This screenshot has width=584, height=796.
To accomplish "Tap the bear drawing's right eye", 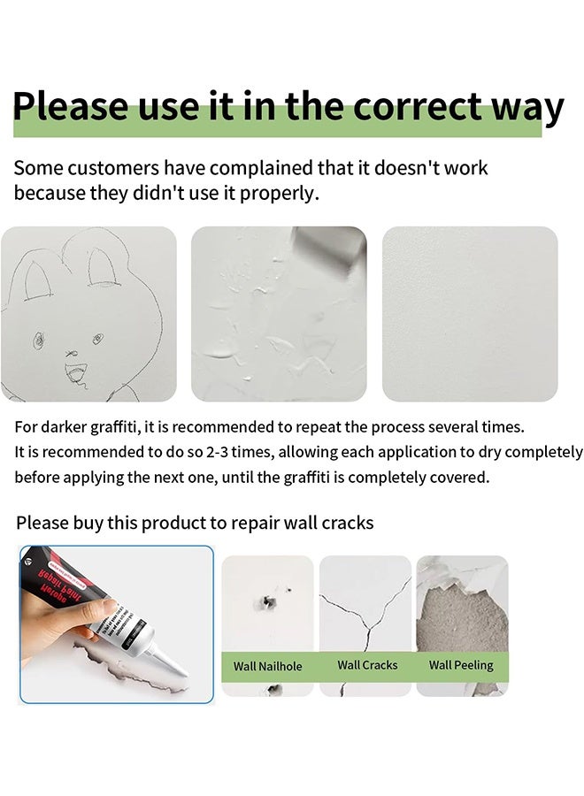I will [x=97, y=339].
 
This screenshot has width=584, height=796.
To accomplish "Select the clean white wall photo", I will [x=470, y=313].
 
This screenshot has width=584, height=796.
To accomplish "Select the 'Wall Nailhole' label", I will [x=268, y=666].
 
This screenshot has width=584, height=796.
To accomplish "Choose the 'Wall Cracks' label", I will [x=367, y=665].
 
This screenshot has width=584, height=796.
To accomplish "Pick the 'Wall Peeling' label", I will [x=461, y=665].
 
